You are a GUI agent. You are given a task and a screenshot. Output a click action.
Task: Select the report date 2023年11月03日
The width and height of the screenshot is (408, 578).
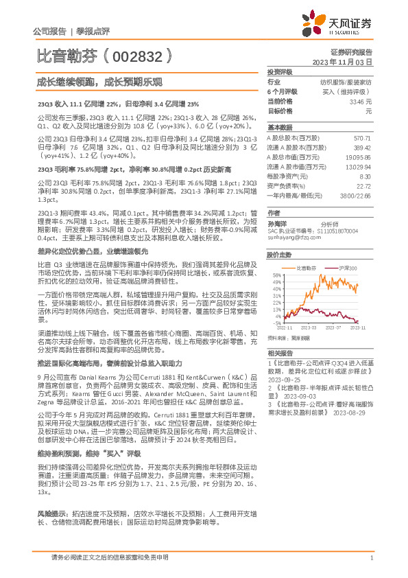click(342, 62)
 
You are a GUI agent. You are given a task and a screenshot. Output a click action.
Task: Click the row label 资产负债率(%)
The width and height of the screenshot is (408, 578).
click(285, 185)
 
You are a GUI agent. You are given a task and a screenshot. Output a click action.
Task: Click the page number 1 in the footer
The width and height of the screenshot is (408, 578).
click(371, 558)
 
